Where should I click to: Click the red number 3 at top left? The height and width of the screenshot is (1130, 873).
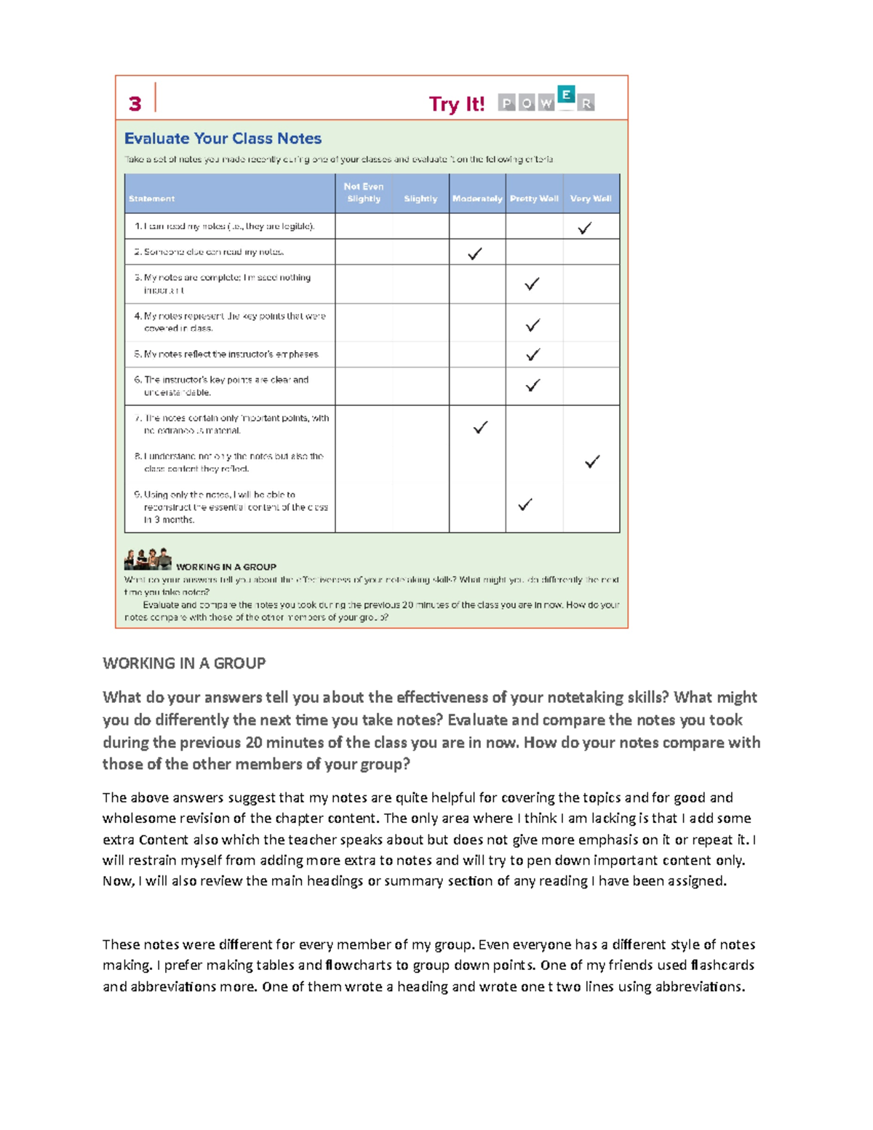coord(135,104)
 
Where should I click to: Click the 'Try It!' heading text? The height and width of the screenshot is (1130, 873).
coord(456,104)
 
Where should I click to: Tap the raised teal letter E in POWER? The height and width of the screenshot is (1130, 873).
coord(566,95)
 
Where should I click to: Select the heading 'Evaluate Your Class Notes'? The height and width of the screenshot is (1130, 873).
coord(223,138)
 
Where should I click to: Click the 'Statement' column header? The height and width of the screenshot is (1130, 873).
coord(151,199)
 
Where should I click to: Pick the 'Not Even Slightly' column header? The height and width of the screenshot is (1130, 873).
coord(364,193)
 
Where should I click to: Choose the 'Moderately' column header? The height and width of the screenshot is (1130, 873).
coord(477,199)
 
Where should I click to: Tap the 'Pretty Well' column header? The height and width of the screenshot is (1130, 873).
coord(534,199)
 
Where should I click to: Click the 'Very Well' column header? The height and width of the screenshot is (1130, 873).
coord(591,199)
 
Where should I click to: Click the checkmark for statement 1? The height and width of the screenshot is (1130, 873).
coord(584,228)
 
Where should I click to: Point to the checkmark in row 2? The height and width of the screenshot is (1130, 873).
coord(475,254)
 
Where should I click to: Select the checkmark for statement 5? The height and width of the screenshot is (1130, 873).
coord(533,355)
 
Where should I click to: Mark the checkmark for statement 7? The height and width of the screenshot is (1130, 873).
coord(480,428)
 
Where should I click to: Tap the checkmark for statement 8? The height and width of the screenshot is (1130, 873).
coord(592,462)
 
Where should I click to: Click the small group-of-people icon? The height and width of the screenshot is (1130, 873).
coord(148,560)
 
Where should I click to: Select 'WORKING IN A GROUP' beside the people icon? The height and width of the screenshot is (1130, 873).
coord(226,567)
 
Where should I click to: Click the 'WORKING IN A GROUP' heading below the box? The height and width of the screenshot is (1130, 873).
coord(184,663)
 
